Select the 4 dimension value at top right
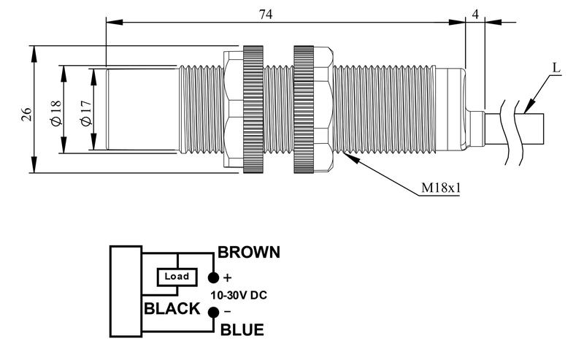click(476, 12)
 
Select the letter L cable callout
click(556, 69)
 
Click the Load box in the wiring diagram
click(177, 277)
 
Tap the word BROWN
click(249, 253)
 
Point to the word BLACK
click(172, 308)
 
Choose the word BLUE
click(242, 331)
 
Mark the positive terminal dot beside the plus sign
click(213, 277)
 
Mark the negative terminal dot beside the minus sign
click(213, 313)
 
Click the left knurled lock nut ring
click(253, 111)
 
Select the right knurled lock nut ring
click(304, 111)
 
